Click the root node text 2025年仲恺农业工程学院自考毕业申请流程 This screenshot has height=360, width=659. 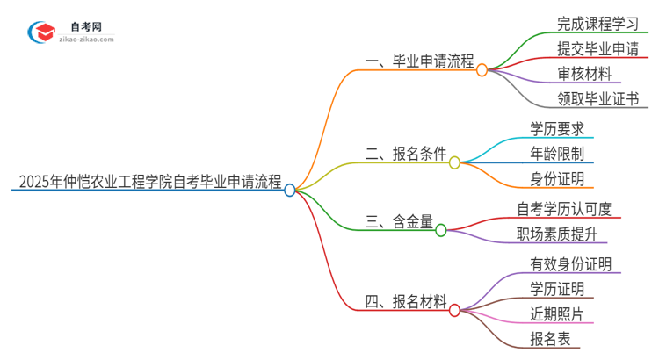149,184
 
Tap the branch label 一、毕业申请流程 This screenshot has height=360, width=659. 419,62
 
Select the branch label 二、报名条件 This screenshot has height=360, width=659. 406,153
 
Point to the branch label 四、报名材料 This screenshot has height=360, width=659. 406,303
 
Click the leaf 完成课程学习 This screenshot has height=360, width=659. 597,23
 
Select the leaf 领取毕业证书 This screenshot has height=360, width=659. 597,97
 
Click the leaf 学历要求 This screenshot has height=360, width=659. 556,128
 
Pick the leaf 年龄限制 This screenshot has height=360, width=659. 556,154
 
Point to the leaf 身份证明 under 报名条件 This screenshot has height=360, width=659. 556,179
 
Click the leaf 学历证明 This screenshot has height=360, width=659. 557,289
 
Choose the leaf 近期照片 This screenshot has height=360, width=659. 557,313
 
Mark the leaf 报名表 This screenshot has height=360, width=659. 550,338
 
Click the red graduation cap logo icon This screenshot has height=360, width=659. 41,33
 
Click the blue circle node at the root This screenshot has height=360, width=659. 290,190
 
